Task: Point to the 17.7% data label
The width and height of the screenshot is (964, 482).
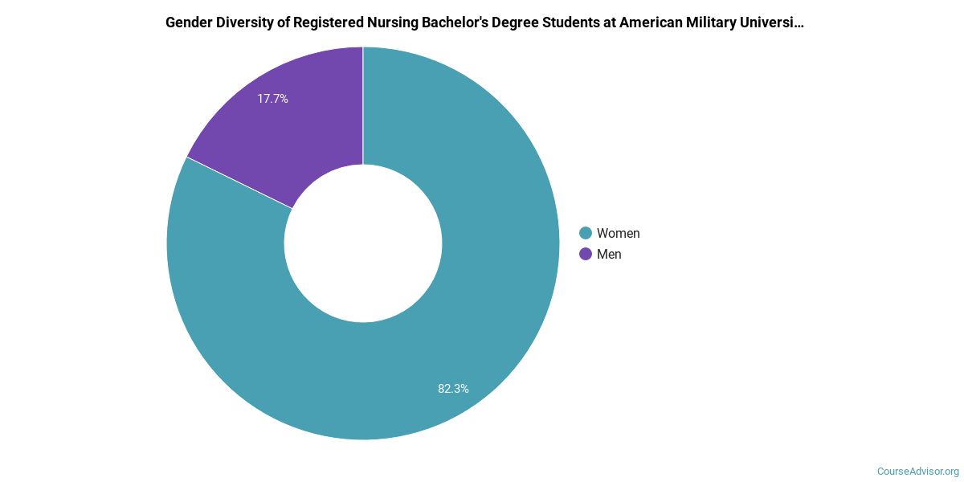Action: (272, 99)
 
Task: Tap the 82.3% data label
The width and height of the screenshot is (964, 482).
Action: (453, 388)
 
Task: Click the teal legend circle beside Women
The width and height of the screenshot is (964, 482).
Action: (586, 233)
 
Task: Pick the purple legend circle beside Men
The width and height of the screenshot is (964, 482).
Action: (586, 254)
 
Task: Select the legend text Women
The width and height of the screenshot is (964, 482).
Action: (618, 233)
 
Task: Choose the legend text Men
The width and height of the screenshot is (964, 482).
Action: (609, 254)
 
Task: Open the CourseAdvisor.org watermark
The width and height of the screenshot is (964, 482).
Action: (917, 472)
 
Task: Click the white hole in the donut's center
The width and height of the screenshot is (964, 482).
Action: (363, 243)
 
